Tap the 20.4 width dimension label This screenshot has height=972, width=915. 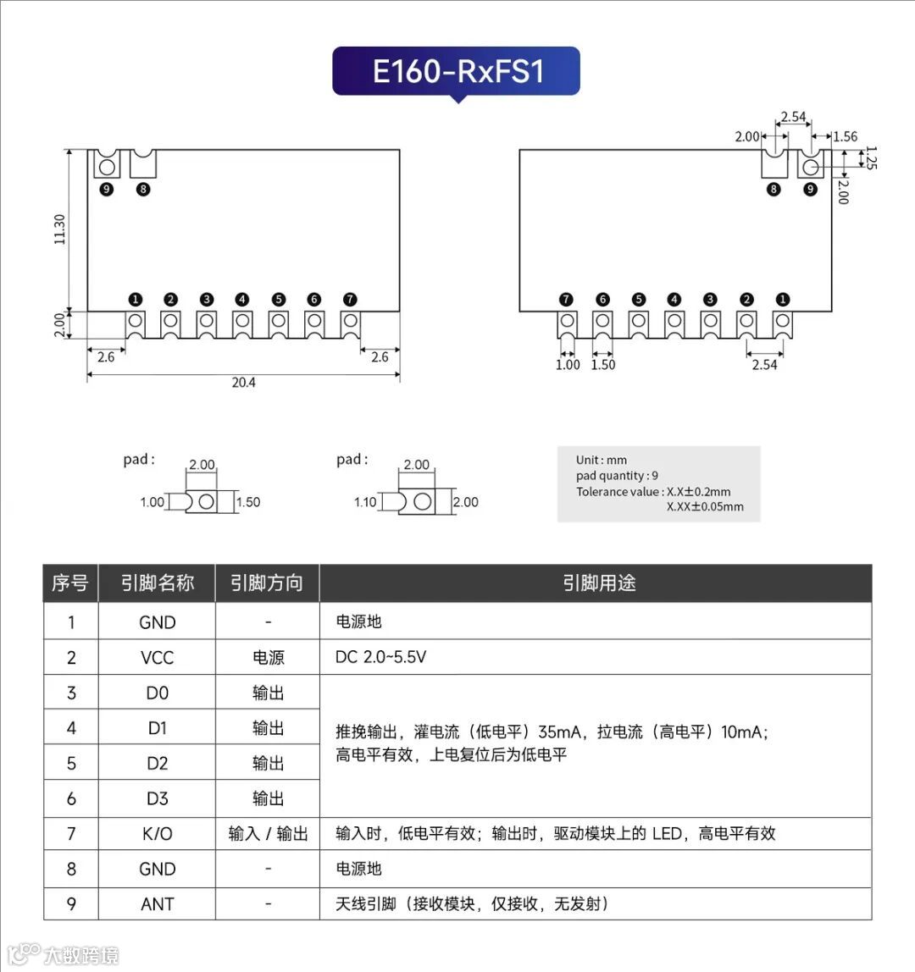click(243, 383)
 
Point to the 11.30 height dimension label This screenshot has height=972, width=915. click(59, 229)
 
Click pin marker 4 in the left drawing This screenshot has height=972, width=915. click(242, 299)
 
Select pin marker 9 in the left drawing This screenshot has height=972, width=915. click(107, 189)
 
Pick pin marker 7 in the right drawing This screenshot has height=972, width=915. click(566, 299)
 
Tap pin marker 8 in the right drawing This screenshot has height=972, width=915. click(774, 189)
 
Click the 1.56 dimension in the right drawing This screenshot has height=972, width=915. click(845, 136)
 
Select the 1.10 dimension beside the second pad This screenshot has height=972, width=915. click(365, 502)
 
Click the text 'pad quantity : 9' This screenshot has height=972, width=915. click(617, 476)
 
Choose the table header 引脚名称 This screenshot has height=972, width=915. click(157, 583)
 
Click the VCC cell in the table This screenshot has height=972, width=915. click(157, 658)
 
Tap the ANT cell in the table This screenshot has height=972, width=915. click(157, 904)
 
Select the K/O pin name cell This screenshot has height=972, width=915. click(157, 834)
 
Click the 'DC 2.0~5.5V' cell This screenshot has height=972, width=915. click(380, 658)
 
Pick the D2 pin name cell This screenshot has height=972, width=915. click(157, 764)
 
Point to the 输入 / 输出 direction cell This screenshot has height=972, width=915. click(268, 834)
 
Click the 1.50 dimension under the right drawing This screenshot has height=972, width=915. click(603, 365)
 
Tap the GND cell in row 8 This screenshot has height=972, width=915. click(157, 869)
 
